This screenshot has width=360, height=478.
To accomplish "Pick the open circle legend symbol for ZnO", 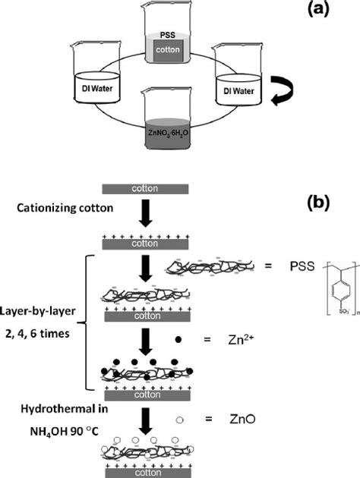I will [177, 417].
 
